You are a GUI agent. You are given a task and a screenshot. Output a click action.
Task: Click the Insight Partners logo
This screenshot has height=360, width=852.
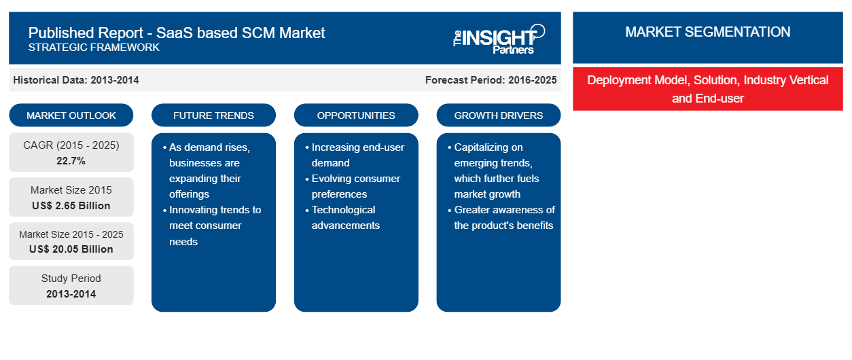click(x=499, y=39)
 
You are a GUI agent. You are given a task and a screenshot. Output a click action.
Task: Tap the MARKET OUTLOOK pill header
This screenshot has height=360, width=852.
click(x=71, y=115)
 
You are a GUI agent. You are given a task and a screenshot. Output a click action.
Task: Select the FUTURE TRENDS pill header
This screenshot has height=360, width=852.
click(x=213, y=115)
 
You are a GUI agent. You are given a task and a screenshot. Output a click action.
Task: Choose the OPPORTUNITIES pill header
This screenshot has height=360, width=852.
click(x=356, y=115)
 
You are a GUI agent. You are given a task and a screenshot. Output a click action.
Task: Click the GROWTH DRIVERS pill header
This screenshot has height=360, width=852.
click(x=498, y=115)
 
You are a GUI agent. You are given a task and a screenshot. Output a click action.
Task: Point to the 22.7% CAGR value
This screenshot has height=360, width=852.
click(x=71, y=161)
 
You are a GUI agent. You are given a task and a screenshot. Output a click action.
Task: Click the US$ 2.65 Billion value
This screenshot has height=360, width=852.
click(x=71, y=206)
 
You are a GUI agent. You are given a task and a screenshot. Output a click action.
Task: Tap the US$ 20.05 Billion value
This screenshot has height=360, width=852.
click(x=71, y=249)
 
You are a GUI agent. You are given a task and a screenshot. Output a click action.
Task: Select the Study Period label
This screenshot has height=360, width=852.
click(x=71, y=278)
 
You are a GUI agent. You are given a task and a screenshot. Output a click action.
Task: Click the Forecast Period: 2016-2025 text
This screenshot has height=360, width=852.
click(x=491, y=80)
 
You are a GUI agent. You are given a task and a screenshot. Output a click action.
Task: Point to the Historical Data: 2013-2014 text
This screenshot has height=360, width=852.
click(x=76, y=80)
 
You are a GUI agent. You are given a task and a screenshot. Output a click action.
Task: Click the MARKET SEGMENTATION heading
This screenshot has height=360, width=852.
click(x=708, y=32)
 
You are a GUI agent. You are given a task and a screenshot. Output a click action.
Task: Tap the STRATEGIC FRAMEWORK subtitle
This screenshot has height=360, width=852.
click(x=94, y=48)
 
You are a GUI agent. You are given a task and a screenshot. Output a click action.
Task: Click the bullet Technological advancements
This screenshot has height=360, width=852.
click(x=343, y=217)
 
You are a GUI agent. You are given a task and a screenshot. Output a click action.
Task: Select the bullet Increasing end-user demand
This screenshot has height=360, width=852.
click(x=355, y=155)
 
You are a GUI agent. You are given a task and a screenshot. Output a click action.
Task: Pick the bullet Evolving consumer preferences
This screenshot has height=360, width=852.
click(x=353, y=186)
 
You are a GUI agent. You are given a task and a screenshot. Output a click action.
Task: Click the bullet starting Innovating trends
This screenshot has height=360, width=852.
click(x=212, y=226)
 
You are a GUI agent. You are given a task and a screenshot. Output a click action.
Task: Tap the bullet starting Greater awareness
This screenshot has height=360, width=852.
click(x=501, y=217)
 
